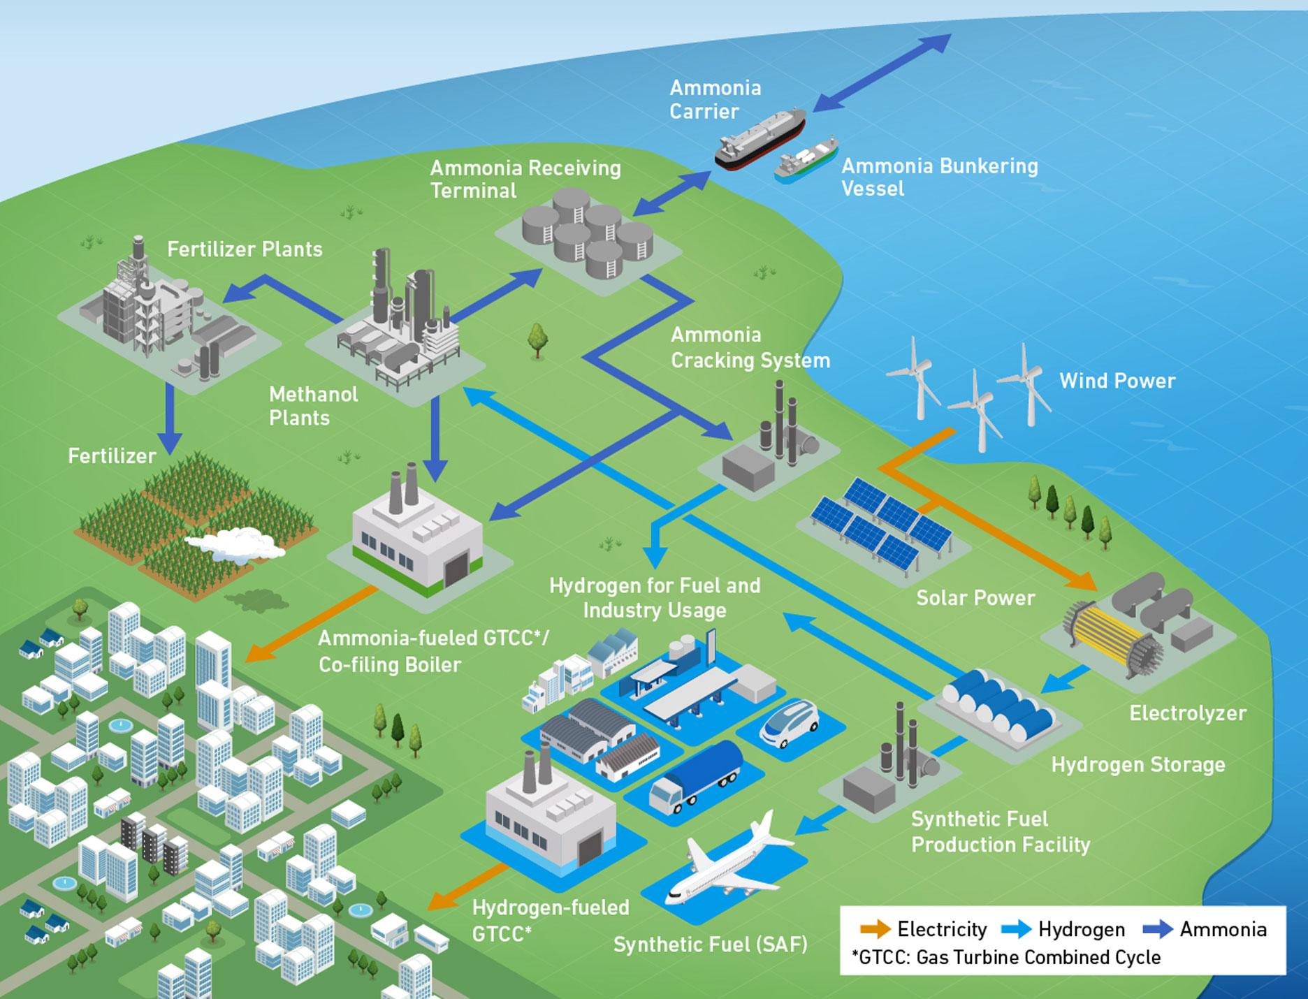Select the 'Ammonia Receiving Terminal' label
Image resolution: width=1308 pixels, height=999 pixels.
click(525, 179)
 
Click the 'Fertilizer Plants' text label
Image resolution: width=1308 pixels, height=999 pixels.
click(245, 249)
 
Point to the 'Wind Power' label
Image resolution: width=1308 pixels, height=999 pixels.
click(1117, 381)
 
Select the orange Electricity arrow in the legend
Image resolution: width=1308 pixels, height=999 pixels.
click(875, 929)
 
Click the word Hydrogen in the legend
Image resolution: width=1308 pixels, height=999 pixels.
click(1081, 929)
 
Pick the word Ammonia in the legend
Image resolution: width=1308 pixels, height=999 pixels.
click(1223, 929)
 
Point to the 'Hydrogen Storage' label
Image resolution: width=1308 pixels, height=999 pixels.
click(1138, 764)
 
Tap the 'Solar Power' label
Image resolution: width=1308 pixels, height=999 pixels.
click(975, 598)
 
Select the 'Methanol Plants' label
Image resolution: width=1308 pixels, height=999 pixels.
click(313, 406)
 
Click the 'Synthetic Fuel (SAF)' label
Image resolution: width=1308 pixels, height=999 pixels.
click(710, 945)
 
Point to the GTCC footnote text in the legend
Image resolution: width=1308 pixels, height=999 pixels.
click(1006, 957)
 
